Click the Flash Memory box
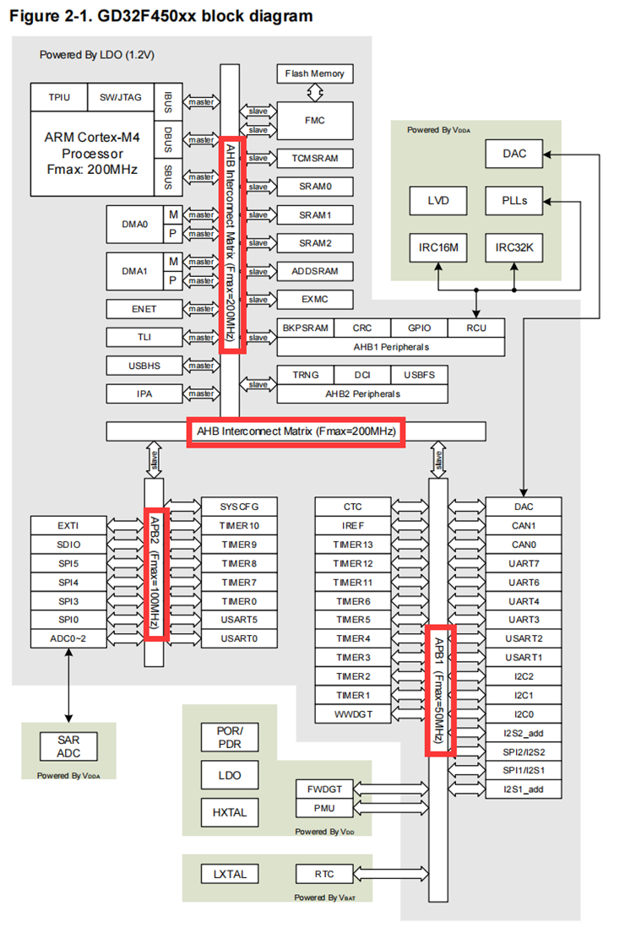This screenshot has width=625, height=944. click(315, 73)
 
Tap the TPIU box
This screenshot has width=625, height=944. click(59, 98)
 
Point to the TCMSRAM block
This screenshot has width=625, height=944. click(315, 159)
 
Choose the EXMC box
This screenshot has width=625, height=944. click(315, 300)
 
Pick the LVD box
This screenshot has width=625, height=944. click(437, 201)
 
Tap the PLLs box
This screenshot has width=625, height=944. click(514, 201)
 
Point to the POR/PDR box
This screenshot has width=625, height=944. click(229, 736)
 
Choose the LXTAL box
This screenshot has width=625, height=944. click(229, 874)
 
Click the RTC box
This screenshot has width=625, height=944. click(323, 874)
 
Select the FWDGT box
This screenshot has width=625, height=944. click(323, 789)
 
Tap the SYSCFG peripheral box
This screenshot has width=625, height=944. click(239, 507)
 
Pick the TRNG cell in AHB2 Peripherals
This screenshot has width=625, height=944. click(305, 375)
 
